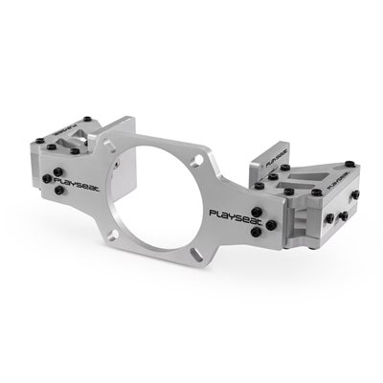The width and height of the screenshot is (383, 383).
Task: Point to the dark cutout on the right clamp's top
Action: coord(307,177)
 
